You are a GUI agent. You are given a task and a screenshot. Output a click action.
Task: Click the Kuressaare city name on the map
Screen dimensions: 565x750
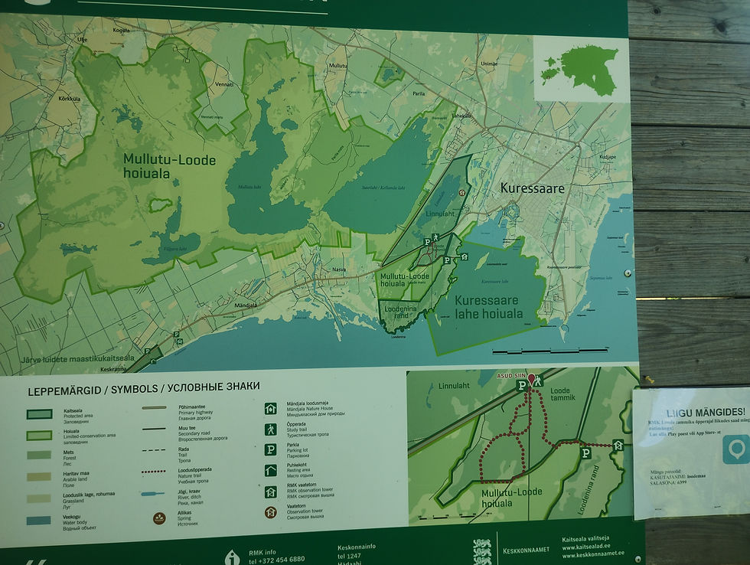click(x=532, y=188)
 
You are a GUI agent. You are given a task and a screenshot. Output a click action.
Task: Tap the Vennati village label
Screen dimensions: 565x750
click(x=223, y=84)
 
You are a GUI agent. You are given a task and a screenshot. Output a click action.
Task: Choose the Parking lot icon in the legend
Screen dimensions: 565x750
click(x=270, y=450)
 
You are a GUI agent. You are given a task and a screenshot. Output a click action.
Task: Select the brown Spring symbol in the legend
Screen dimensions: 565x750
click(x=161, y=518)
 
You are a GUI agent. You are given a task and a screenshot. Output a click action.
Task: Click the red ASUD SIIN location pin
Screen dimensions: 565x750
click(x=532, y=378)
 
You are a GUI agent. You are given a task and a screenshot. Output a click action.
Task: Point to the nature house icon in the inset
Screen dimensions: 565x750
click(x=618, y=445)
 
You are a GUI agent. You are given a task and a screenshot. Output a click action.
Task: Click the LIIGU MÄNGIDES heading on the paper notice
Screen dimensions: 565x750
click(x=695, y=413)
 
